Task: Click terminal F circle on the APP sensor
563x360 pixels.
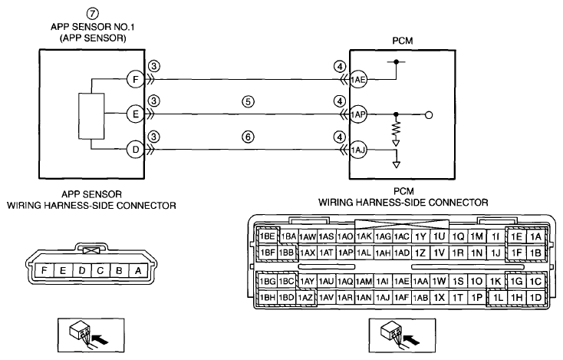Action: [135, 79]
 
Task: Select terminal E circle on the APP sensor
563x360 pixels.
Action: [135, 114]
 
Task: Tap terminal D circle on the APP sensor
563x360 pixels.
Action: [135, 150]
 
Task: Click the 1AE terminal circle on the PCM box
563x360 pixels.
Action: [358, 79]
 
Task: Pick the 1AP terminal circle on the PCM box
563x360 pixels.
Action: [358, 114]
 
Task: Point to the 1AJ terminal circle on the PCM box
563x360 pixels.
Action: [358, 150]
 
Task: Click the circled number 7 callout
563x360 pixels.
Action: [93, 14]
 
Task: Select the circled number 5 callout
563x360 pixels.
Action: [248, 101]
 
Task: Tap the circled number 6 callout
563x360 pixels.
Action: [248, 137]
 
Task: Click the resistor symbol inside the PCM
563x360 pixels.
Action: [396, 129]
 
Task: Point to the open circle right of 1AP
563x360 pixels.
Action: [429, 115]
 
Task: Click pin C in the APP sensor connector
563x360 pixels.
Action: [100, 270]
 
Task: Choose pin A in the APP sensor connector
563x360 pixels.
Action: [138, 270]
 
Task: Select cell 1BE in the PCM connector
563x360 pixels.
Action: [268, 236]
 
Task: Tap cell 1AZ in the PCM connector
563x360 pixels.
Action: [306, 297]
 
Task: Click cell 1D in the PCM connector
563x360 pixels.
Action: [535, 297]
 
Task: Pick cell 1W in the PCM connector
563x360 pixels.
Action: [439, 281]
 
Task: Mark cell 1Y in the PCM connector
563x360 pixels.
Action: [420, 236]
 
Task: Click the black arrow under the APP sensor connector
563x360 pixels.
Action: [100, 339]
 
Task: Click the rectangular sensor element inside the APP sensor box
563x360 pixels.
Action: [91, 116]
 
